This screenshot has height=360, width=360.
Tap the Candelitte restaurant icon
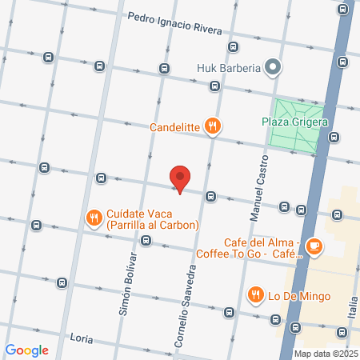click(x=212, y=125)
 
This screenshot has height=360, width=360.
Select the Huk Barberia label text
click(x=229, y=68)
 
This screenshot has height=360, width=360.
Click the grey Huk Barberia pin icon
click(x=274, y=67)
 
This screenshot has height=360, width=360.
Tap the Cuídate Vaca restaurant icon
click(x=94, y=216)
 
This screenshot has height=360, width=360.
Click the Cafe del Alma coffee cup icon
click(x=315, y=246)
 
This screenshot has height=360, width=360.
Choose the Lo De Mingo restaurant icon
click(x=256, y=294)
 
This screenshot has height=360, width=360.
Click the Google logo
click(x=27, y=350)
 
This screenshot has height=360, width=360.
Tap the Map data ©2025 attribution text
click(x=325, y=354)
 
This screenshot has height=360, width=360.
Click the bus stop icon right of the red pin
click(x=210, y=196)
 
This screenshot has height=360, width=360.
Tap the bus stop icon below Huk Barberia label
click(x=214, y=86)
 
